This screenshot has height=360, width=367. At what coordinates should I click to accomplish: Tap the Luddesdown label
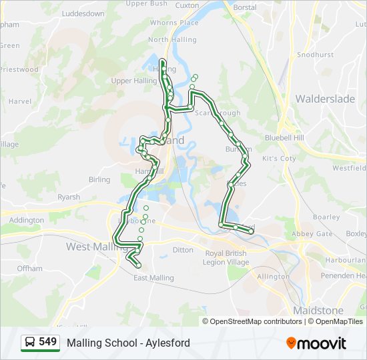click(x=83, y=13)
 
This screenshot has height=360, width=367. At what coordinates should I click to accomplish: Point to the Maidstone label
click(x=318, y=311)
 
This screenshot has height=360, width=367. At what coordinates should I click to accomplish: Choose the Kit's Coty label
click(x=279, y=159)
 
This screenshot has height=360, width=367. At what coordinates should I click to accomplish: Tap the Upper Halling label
click(x=133, y=81)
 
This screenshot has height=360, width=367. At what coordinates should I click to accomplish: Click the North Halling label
click(x=172, y=40)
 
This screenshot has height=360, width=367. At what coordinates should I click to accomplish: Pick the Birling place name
click(x=99, y=180)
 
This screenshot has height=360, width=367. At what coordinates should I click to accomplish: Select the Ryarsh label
click(x=68, y=197)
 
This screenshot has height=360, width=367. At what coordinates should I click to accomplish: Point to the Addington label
click(x=27, y=220)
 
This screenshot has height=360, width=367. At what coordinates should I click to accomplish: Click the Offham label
click(x=29, y=269)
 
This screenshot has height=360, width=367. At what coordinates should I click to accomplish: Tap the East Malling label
click(x=153, y=278)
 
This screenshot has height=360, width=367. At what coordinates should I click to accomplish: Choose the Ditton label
click(x=183, y=251)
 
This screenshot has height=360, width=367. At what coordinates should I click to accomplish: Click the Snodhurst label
click(x=315, y=55)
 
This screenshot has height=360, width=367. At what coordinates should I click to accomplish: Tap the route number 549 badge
click(x=47, y=342)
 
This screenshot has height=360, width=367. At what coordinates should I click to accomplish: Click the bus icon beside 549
click(x=30, y=343)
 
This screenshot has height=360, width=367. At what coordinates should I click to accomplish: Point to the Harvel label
click(x=20, y=101)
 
